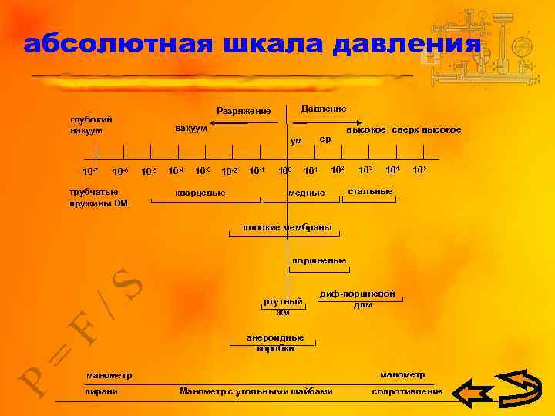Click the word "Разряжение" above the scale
244,112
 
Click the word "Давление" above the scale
323,109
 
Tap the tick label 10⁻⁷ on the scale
90,170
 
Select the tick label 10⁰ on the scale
284,170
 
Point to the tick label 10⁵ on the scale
419,169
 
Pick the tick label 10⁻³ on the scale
203,170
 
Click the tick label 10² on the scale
338,169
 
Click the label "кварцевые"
200,192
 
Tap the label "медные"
306,192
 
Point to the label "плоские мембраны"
287,227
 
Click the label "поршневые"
319,260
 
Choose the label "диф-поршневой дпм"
362,299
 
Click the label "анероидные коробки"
275,343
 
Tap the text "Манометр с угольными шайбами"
256,391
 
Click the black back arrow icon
473,393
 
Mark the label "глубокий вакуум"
91,125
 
